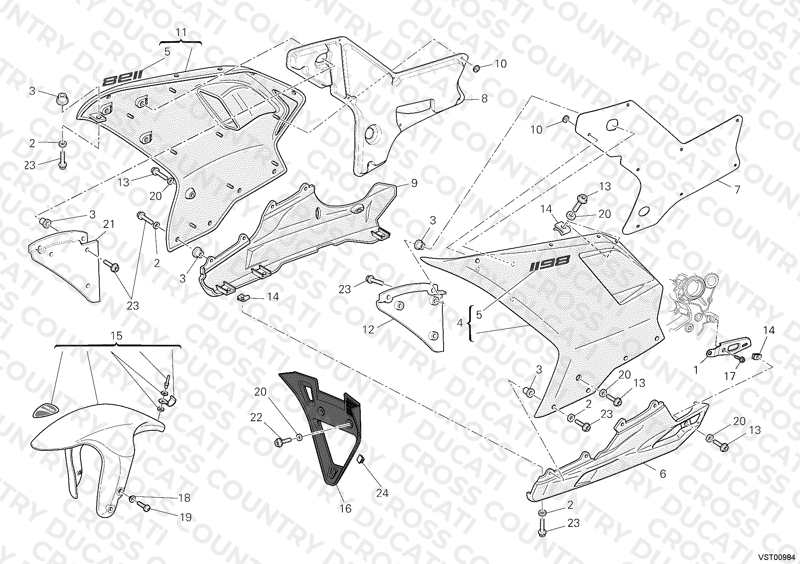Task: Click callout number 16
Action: point(345,508)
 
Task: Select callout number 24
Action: point(382,493)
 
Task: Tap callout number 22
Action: point(256,418)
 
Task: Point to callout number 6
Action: point(662,474)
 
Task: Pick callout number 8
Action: point(484,98)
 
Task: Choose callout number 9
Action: point(414,183)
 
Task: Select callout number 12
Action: point(368,329)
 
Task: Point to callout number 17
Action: point(730,376)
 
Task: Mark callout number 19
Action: point(185,517)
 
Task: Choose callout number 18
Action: point(184,498)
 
